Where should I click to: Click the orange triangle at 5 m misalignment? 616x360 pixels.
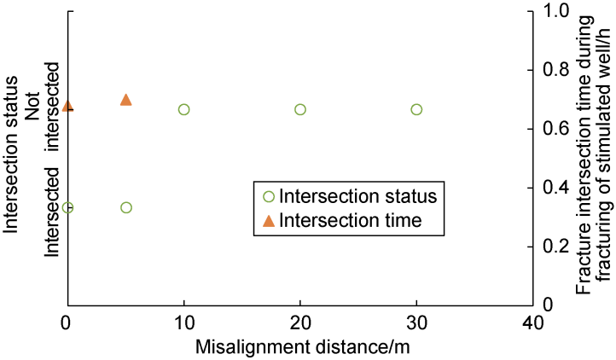126,100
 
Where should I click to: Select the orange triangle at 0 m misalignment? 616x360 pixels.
68,106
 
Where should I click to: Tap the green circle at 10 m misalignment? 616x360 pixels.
183,109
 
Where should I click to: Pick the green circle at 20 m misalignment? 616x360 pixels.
300,109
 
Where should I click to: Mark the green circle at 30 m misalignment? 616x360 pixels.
416,109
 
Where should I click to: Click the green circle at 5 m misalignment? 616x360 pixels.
126,207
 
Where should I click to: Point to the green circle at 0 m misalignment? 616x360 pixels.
68,207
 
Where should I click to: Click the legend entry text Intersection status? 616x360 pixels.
358,196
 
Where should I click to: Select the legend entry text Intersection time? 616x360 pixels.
351,221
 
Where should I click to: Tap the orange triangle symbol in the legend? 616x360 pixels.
268,221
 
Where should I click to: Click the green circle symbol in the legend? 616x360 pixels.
268,196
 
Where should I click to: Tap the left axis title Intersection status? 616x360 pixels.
12,158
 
